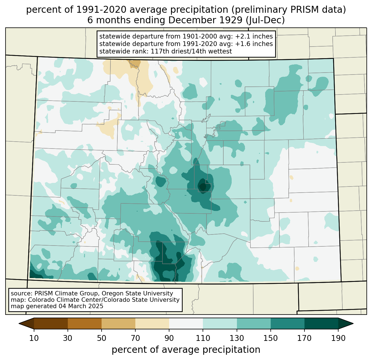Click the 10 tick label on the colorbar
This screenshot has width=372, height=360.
point(34,338)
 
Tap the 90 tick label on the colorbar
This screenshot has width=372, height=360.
point(169,338)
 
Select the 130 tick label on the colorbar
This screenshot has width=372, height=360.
point(237,338)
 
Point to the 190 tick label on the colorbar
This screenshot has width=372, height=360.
point(338,338)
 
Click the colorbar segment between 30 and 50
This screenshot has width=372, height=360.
point(84,323)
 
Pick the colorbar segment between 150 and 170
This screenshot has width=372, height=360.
point(287,323)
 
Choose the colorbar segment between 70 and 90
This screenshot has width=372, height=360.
point(152,323)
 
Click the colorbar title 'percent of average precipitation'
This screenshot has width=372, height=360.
point(186,350)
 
